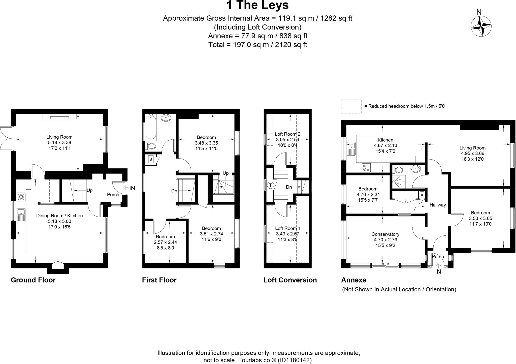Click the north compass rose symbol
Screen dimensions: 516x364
pyautogui.click(x=481, y=26)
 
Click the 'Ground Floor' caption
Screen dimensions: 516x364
pyautogui.click(x=33, y=280)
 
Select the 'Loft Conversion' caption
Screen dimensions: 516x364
pyautogui.click(x=290, y=280)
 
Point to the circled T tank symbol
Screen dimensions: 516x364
pyautogui.click(x=271, y=186)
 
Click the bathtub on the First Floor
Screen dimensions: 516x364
pyautogui.click(x=151, y=127)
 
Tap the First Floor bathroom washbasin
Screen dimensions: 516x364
pyautogui.click(x=166, y=118)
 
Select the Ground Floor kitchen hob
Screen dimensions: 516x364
pyautogui.click(x=21, y=197)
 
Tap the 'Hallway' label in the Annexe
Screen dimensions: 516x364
pyautogui.click(x=438, y=205)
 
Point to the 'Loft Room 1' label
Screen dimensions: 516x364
pyautogui.click(x=287, y=228)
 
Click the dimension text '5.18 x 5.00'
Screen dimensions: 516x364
pyautogui.click(x=59, y=221)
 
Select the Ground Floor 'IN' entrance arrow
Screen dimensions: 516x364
pyautogui.click(x=126, y=188)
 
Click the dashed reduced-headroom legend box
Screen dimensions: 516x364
pyautogui.click(x=351, y=106)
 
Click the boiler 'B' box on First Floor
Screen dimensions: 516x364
pyautogui.click(x=151, y=159)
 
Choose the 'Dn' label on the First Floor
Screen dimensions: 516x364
pyautogui.click(x=174, y=191)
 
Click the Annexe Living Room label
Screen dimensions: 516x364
pyautogui.click(x=472, y=148)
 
